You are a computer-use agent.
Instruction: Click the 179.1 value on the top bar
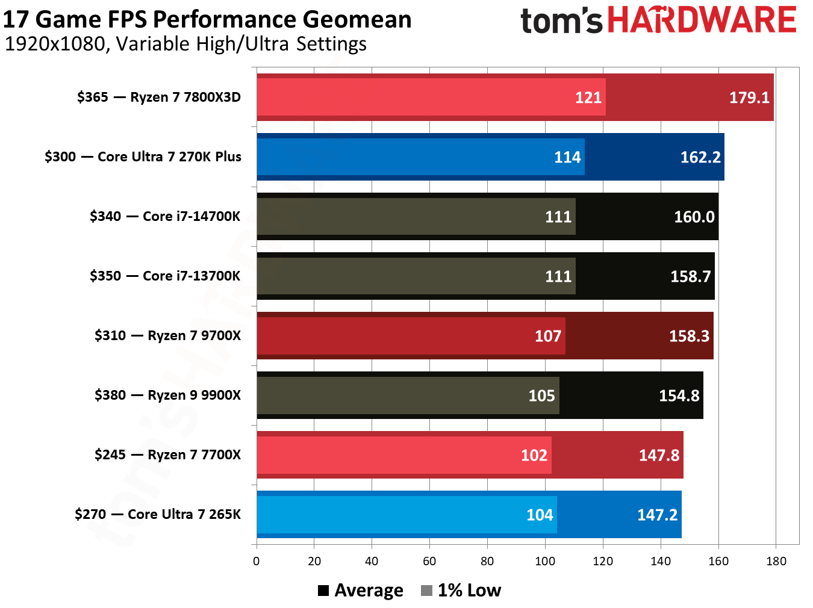[749, 98]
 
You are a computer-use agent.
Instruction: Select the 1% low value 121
[588, 98]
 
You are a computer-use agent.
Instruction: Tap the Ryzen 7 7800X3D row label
[158, 98]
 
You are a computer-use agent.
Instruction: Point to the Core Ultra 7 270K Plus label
[143, 157]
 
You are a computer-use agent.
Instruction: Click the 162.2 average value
[700, 157]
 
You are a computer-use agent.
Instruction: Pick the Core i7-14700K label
[164, 217]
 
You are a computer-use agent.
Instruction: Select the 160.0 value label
[694, 217]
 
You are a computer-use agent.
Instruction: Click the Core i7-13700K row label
[164, 276]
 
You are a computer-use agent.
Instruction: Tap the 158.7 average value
[690, 276]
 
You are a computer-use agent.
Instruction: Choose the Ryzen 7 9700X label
[167, 336]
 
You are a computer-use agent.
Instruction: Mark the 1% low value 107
[547, 336]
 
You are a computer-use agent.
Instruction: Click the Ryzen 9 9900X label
[167, 396]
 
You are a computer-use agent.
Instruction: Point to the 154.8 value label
[679, 396]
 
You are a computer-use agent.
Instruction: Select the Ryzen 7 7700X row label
[167, 455]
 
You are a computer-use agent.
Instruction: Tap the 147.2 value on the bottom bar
[657, 515]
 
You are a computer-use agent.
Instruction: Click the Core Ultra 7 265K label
[157, 515]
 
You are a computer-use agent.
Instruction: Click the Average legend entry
[361, 591]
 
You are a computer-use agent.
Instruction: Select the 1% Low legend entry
[461, 591]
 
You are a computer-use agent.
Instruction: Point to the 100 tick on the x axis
[545, 562]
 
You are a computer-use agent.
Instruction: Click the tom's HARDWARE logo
[658, 20]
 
